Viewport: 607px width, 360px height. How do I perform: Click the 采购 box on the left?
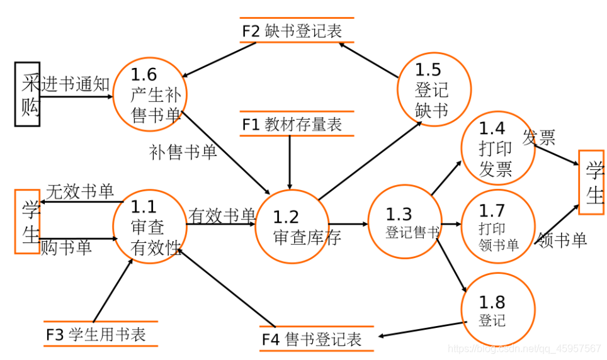28,94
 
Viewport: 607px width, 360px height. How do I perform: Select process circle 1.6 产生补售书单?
150,94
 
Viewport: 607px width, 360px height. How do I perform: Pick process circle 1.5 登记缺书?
433,89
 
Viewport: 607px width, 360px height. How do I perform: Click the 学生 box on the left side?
27,221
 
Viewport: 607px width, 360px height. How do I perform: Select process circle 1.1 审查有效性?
149,227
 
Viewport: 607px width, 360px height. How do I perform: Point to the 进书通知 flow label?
76,84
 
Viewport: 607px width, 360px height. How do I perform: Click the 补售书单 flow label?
183,152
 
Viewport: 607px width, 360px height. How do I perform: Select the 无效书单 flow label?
80,191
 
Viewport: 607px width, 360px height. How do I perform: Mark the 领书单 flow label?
562,240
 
